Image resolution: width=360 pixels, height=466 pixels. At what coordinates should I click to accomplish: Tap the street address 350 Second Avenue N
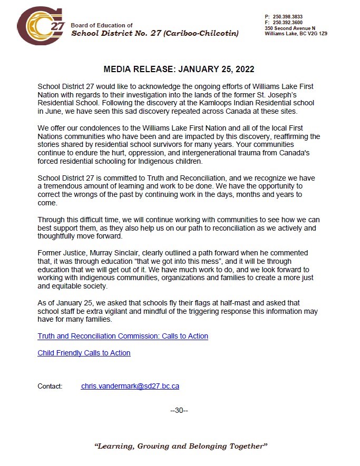(290, 28)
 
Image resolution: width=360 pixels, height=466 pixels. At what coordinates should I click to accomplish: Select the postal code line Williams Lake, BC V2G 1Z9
(296, 33)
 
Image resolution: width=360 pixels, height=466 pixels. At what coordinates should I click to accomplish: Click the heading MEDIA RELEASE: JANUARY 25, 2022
(179, 70)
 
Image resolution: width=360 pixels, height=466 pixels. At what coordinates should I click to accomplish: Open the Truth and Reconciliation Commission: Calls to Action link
(123, 336)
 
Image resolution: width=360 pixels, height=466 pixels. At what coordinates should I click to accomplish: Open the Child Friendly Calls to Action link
(84, 353)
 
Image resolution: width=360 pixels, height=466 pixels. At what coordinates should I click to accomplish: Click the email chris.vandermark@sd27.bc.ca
(130, 386)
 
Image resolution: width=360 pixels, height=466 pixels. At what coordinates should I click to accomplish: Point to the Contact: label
(50, 386)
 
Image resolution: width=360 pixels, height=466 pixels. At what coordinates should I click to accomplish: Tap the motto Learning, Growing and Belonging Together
(181, 446)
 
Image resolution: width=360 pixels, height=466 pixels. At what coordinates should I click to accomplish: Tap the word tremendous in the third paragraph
(66, 186)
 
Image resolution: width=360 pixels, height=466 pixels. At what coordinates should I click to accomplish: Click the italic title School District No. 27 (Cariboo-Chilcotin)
(154, 34)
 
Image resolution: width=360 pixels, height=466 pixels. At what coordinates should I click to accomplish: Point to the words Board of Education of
(102, 25)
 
